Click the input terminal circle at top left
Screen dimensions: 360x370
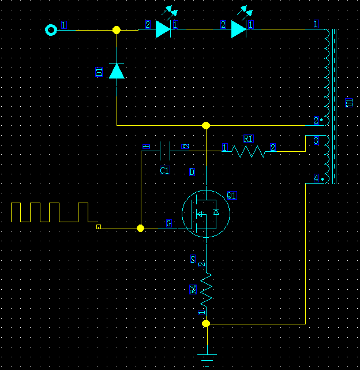coord(51,29)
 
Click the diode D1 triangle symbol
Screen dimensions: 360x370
coord(117,70)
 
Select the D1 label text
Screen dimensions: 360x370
coord(99,72)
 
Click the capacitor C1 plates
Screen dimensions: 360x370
coord(164,151)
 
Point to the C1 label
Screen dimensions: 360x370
coord(165,170)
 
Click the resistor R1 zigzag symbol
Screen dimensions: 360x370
coord(248,151)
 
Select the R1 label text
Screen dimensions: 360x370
coord(248,139)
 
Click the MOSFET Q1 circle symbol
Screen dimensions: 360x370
coord(205,213)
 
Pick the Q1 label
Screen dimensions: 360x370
coord(231,196)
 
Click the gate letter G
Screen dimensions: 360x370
coord(168,223)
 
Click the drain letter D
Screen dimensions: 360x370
coord(192,172)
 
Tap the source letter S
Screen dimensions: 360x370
coord(193,259)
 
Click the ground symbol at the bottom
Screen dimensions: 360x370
coord(206,358)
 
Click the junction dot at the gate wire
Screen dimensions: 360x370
coord(140,229)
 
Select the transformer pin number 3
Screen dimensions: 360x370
coord(316,141)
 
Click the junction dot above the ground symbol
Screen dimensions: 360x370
coord(206,324)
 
